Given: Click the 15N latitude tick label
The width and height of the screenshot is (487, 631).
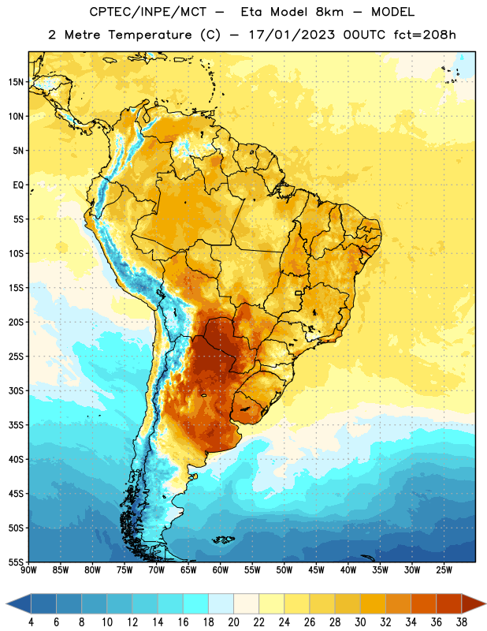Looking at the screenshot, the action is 16,82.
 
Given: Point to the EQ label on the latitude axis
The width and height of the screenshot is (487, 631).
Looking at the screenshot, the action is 18,185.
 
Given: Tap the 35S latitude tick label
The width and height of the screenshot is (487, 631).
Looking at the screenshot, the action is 16,425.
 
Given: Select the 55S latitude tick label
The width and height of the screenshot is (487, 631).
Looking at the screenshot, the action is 16,562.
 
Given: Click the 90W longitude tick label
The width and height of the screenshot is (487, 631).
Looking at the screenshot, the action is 28,570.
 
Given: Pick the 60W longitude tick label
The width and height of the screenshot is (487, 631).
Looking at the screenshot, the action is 221,570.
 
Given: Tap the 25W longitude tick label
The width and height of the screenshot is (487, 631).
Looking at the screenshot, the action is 444,570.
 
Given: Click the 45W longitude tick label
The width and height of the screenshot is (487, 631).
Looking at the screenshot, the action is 316,570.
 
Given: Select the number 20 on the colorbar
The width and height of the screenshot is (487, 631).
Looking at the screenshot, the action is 233,622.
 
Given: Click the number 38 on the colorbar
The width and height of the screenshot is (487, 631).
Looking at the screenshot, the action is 462,622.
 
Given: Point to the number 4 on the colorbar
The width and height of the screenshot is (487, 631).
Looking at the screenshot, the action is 31,622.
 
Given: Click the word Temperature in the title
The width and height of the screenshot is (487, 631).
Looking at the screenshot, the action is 150,35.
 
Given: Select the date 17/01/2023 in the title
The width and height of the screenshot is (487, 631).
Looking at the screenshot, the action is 292,35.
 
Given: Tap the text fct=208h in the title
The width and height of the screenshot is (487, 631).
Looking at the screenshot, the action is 425,35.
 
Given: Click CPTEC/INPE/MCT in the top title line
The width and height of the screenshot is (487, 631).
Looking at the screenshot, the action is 148,12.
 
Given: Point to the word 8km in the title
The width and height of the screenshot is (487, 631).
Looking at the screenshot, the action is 329,12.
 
